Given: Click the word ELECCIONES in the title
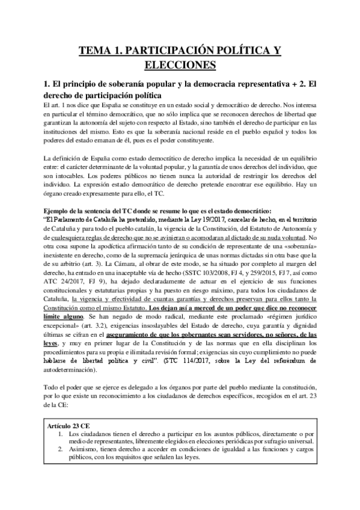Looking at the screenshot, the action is point(180,63).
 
